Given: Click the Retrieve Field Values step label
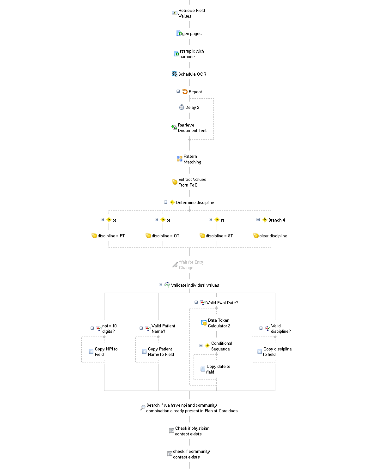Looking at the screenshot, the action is (192, 13).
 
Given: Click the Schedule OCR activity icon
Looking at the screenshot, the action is (174, 74).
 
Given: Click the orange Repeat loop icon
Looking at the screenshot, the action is (185, 91).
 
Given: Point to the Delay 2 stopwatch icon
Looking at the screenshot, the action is (182, 107).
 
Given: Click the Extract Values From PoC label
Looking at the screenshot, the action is (192, 182).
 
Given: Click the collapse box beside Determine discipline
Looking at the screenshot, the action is (165, 202).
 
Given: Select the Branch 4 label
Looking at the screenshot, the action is (277, 220).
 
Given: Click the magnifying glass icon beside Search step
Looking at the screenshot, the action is (143, 408).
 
